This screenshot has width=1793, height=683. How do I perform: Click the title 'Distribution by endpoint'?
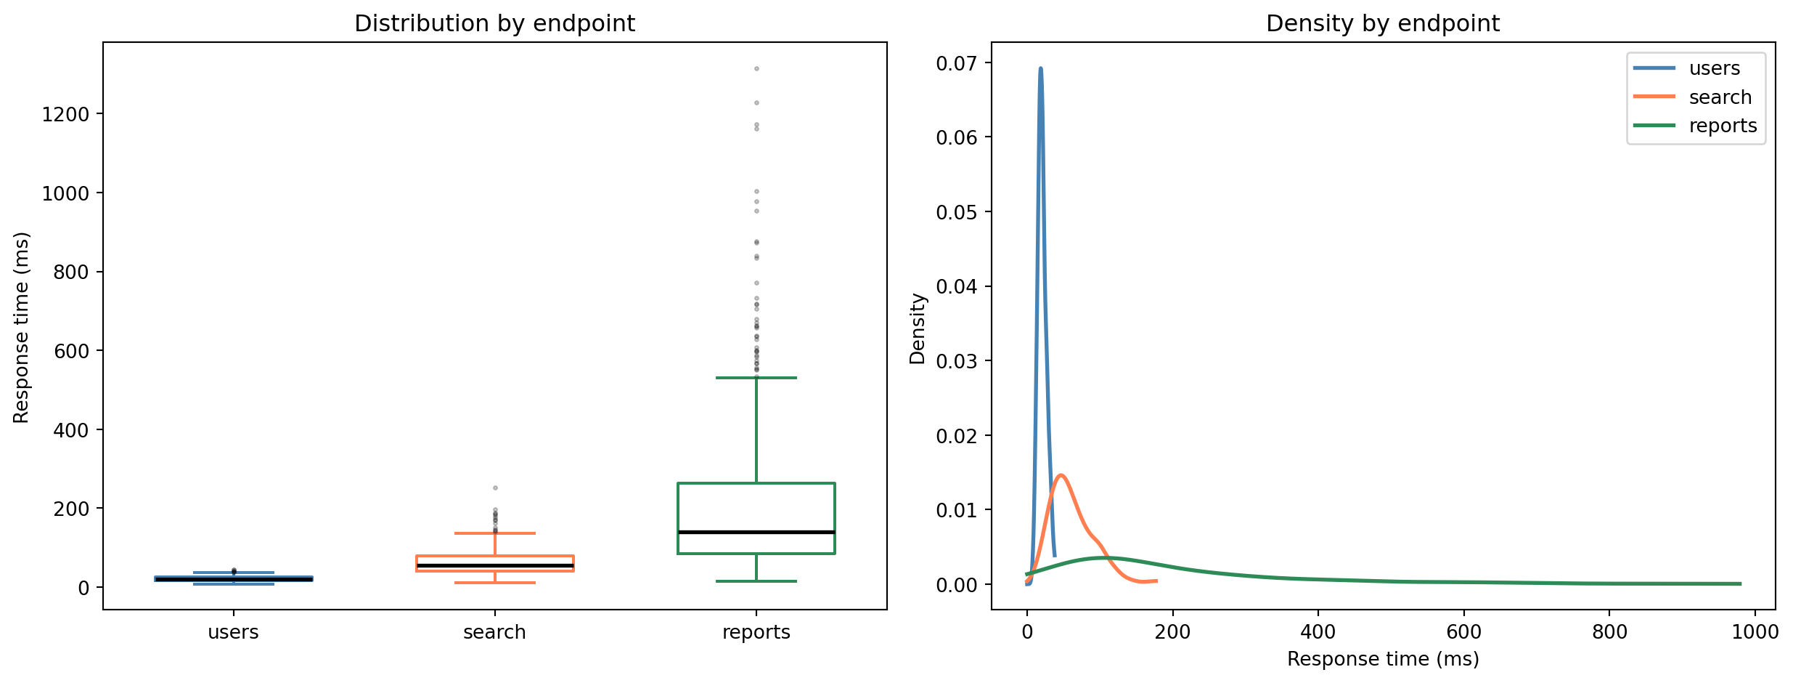pos(494,24)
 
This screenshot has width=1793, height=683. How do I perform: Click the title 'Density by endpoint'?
pos(1382,24)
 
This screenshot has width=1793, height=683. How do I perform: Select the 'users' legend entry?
pos(1714,68)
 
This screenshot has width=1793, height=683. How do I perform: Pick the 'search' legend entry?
pos(1720,97)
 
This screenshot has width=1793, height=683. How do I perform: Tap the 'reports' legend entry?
pos(1723,126)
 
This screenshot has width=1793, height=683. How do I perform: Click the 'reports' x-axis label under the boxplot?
pos(756,632)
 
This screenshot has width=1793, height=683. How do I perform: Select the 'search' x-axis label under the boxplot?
pos(494,632)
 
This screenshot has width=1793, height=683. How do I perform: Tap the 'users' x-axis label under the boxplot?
pos(233,632)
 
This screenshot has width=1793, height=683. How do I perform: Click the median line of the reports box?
pos(756,533)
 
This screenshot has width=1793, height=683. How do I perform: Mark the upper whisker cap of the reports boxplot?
pos(756,378)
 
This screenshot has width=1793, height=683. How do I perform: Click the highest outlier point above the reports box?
pos(756,69)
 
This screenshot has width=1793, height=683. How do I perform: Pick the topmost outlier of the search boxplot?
pos(495,488)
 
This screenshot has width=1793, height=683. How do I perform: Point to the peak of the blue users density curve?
pos(1040,68)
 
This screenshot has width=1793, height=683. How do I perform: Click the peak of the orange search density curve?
pos(1061,475)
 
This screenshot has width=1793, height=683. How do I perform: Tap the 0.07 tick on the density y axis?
pos(956,64)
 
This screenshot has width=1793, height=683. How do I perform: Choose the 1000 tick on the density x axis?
pos(1755,632)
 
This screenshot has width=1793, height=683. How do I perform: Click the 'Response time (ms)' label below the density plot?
pos(1382,659)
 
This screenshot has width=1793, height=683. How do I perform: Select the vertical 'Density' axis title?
pos(918,328)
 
